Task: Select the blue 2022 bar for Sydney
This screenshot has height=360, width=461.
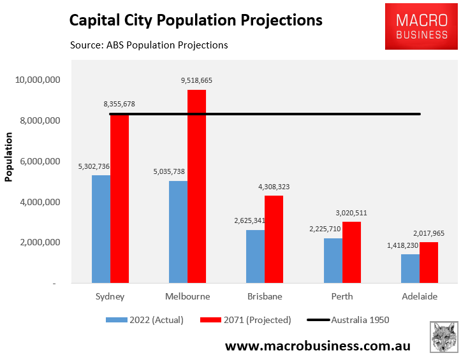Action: pyautogui.click(x=101, y=229)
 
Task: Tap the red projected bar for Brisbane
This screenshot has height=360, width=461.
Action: pyautogui.click(x=274, y=239)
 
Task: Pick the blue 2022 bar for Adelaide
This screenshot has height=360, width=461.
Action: pyautogui.click(x=410, y=268)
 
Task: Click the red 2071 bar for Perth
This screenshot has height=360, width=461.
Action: pyautogui.click(x=351, y=252)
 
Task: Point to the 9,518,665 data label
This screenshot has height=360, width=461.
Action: pyautogui.click(x=196, y=81)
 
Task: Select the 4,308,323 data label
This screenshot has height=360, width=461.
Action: pyautogui.click(x=274, y=187)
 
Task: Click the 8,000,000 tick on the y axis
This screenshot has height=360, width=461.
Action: pyautogui.click(x=38, y=120)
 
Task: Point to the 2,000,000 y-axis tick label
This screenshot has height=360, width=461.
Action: pyautogui.click(x=38, y=242)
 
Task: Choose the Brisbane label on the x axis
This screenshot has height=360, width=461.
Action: pyautogui.click(x=264, y=296)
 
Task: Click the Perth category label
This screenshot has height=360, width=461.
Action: pyautogui.click(x=342, y=296)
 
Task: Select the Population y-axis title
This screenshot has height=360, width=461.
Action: pyautogui.click(x=9, y=157)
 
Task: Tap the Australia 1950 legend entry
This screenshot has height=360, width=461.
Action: pyautogui.click(x=348, y=320)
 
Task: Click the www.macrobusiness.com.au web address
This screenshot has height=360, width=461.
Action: pyautogui.click(x=318, y=346)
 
